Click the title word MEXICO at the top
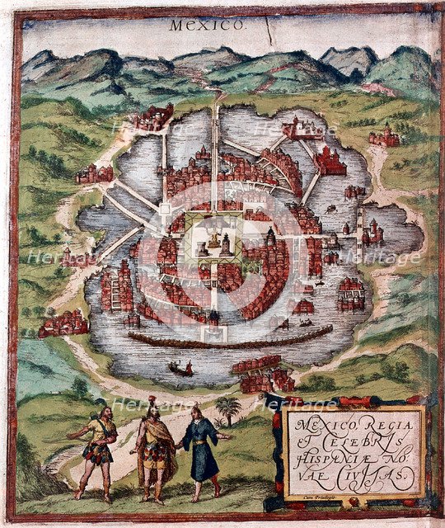point(207,25)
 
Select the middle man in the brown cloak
point(153,450)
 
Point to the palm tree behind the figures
point(228,409)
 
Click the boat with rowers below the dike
point(180,369)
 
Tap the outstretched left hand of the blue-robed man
point(231,435)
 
